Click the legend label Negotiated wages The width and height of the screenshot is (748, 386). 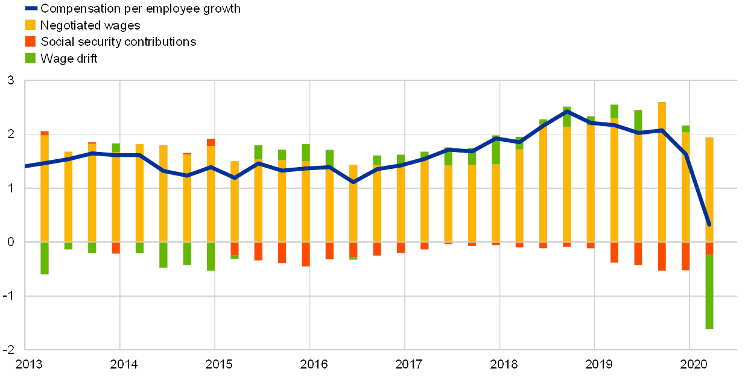pos(90,25)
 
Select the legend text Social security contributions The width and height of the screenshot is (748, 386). pos(118,42)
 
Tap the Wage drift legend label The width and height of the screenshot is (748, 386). pos(69,58)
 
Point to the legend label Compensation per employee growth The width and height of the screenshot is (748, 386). pos(140,9)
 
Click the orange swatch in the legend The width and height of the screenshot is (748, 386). pos(30,25)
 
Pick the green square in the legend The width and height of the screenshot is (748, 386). pos(30,58)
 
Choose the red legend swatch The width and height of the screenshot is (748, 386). pos(30,42)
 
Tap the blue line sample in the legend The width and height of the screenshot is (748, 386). pos(30,9)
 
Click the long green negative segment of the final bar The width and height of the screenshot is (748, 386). pos(709,292)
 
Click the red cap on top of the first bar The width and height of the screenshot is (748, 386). pos(45,133)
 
